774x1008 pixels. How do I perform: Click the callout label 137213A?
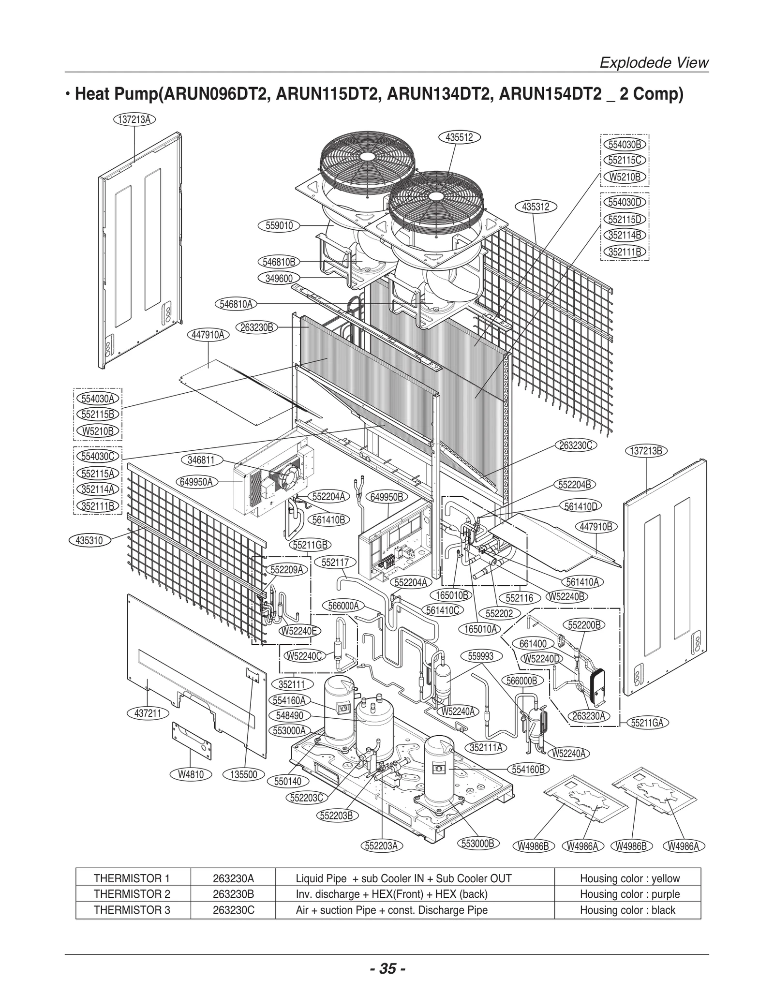point(134,119)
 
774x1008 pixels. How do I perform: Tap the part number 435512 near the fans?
point(459,137)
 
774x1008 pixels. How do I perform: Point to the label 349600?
point(279,279)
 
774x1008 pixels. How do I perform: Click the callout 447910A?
point(208,335)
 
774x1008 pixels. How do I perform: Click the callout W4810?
point(191,774)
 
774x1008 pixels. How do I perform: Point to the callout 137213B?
point(647,451)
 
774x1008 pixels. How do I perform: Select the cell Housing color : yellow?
point(630,878)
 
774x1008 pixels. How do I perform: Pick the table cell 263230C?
point(233,910)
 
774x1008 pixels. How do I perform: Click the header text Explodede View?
point(654,63)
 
